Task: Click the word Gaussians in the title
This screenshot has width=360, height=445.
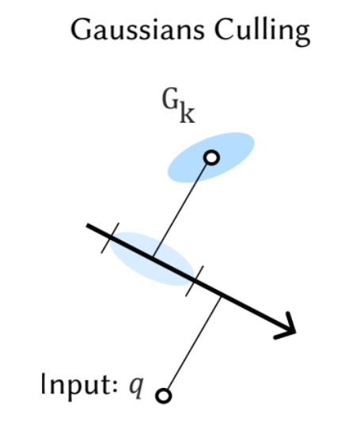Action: [138, 29]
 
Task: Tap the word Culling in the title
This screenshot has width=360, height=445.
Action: [262, 31]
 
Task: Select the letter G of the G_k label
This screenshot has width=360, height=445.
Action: [170, 99]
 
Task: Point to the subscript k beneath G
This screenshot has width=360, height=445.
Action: [188, 112]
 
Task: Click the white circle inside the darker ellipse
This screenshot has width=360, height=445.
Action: [211, 158]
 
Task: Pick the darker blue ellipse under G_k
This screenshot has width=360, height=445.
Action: [210, 158]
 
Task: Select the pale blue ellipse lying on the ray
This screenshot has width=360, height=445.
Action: [153, 259]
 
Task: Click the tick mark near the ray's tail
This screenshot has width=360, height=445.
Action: [110, 238]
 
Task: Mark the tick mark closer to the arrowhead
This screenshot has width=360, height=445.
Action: [195, 281]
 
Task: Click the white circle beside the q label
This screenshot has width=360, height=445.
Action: [164, 396]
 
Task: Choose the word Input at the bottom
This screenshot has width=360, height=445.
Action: [77, 385]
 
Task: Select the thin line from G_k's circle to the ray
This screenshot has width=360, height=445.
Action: [180, 210]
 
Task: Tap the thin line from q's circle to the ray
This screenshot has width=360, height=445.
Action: [194, 344]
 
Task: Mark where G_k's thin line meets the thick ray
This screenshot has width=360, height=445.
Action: [153, 258]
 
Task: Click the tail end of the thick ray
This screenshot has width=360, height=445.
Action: [87, 226]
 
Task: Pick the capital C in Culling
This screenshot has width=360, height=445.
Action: [223, 29]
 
